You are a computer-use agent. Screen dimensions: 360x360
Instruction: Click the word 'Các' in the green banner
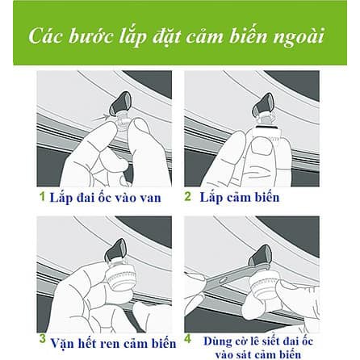(x=46, y=36)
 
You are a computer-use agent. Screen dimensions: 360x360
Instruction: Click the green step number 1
(x=42, y=196)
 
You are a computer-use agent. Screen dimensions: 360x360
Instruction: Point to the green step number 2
(x=187, y=196)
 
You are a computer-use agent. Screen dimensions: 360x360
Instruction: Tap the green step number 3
(x=42, y=339)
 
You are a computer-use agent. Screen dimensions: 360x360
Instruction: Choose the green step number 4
(x=188, y=339)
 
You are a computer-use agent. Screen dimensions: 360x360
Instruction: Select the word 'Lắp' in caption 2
(x=211, y=198)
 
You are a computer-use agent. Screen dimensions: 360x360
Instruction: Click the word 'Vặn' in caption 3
(x=62, y=342)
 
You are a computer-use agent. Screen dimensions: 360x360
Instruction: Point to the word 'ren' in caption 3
(x=111, y=344)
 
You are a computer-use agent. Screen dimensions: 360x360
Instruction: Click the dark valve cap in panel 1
(x=120, y=103)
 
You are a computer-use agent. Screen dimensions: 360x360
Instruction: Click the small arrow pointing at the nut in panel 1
(x=102, y=116)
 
